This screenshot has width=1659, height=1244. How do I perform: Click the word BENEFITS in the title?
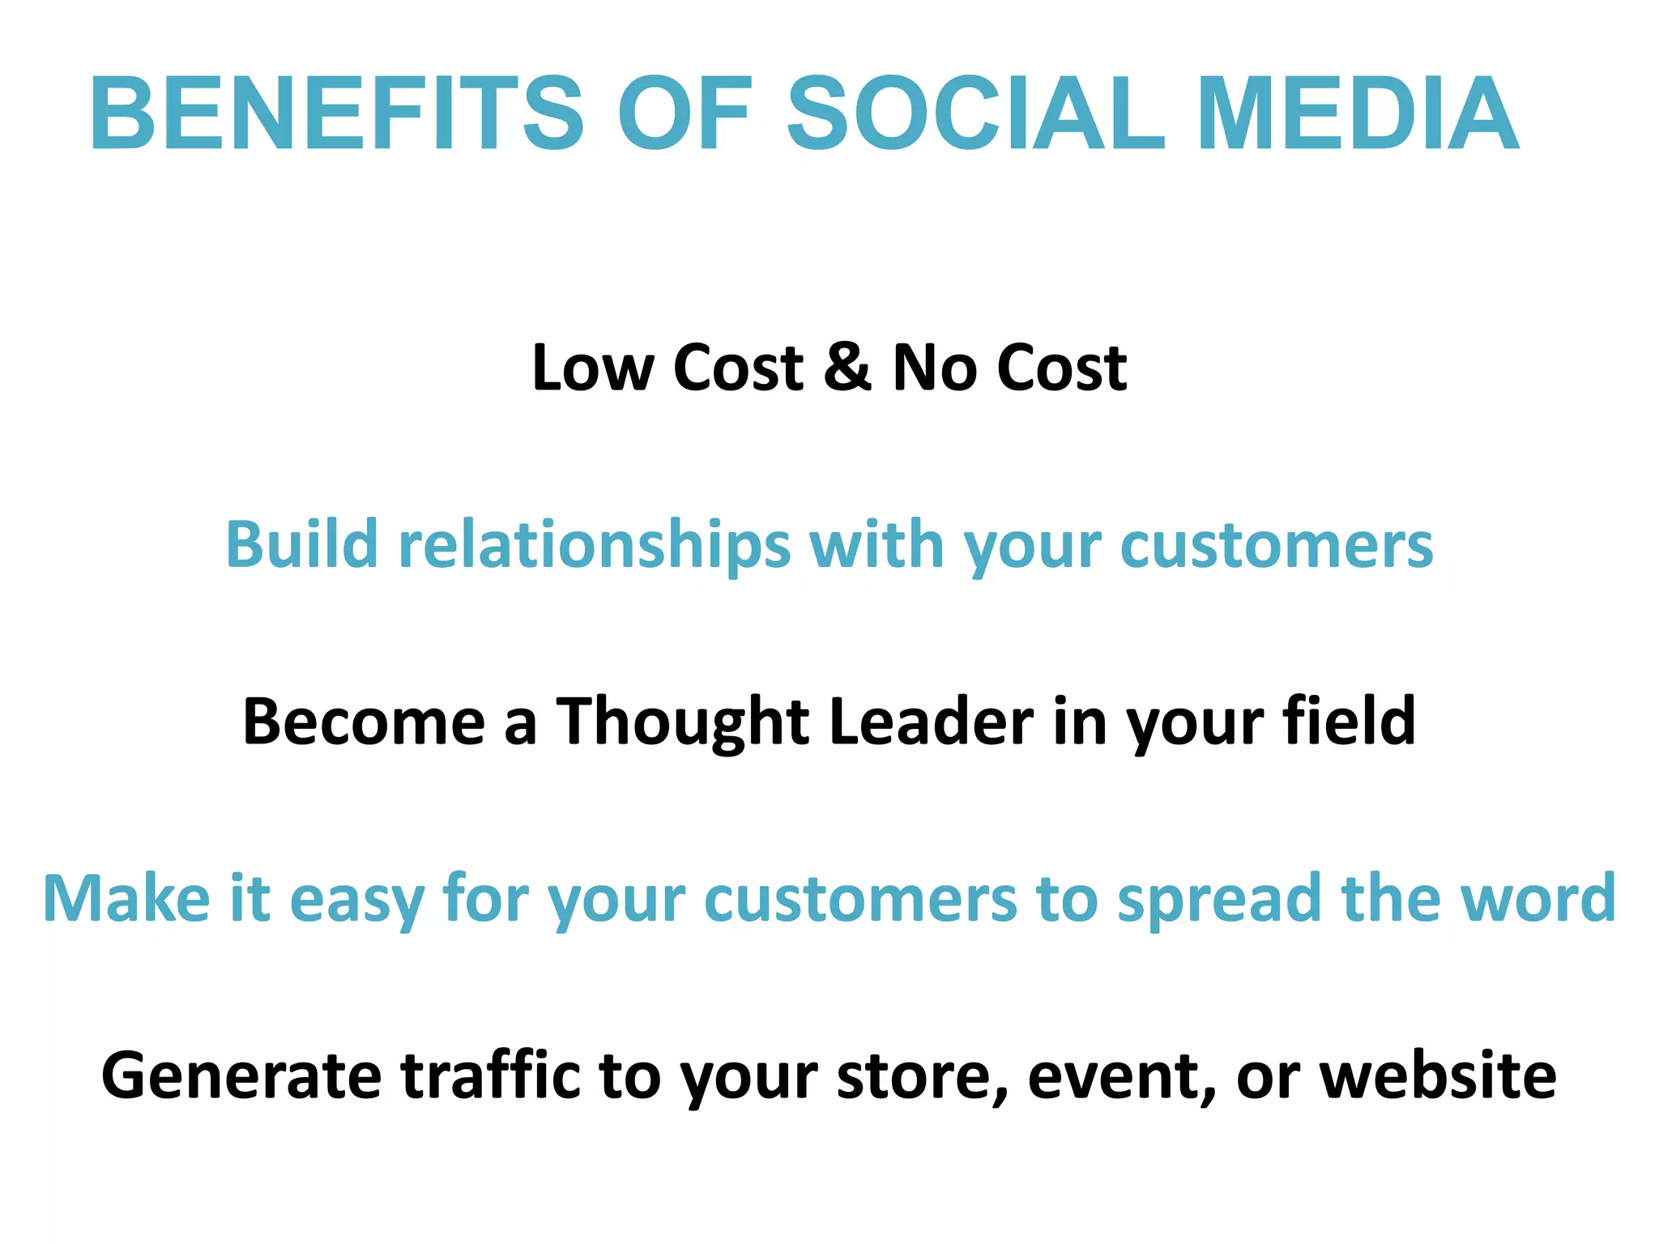point(336,113)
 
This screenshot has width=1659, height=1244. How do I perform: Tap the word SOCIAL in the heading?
point(975,113)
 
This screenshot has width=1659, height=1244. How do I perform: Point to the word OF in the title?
point(684,113)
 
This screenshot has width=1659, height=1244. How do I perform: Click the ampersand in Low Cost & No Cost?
point(847,366)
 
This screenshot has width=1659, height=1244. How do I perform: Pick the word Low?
point(592,368)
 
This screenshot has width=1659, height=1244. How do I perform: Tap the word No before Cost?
point(934,368)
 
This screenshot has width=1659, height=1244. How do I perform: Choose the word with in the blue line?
point(876,544)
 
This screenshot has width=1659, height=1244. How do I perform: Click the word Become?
point(364,721)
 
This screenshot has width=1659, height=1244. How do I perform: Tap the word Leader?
point(932,721)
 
